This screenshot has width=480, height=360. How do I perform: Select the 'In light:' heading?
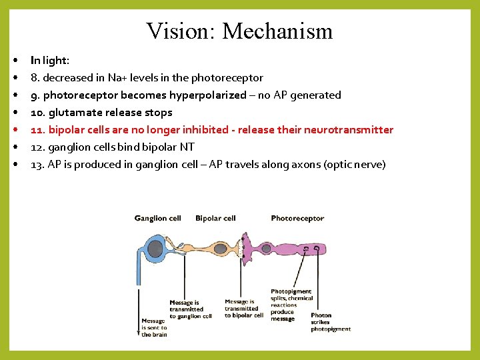(x=50, y=60)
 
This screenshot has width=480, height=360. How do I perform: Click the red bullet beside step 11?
(x=14, y=129)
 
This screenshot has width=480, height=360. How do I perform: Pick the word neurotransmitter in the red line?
(x=349, y=129)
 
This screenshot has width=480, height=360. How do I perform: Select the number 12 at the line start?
(x=37, y=147)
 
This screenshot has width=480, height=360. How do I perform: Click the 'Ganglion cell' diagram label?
(x=157, y=218)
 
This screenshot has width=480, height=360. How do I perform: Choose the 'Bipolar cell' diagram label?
(x=215, y=218)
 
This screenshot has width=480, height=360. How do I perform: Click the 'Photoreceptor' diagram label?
(x=297, y=218)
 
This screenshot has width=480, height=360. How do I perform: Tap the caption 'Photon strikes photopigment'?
(x=331, y=322)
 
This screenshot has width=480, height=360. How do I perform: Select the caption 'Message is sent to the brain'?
(x=153, y=328)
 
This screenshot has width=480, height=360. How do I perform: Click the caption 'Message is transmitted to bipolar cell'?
(x=243, y=308)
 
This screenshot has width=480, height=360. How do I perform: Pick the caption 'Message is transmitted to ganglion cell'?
(x=190, y=309)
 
